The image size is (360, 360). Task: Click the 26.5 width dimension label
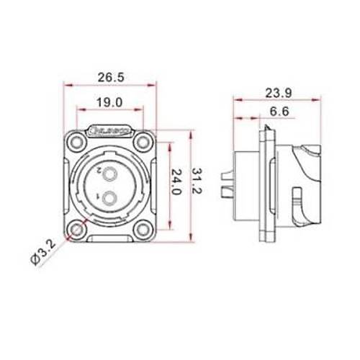(x=109, y=77)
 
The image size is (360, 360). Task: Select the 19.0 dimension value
(x=109, y=103)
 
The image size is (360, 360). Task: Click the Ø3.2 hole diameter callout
(x=47, y=254)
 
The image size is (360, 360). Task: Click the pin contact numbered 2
(x=109, y=174)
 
